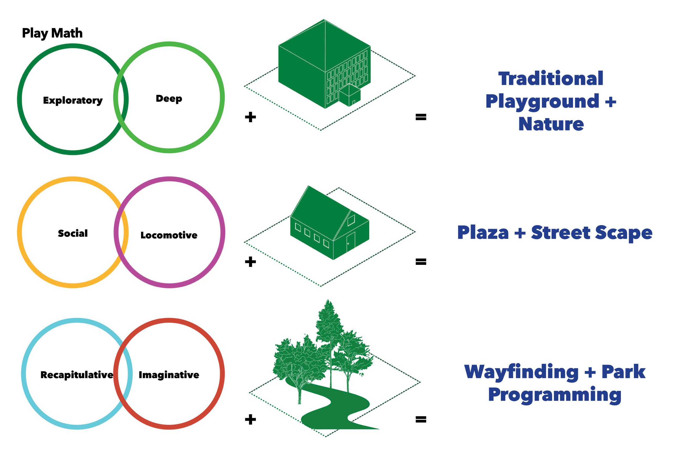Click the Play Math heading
point(52,33)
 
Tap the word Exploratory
point(73,100)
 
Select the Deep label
point(169,99)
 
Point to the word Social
point(73,233)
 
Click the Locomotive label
point(169,235)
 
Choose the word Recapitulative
point(77,375)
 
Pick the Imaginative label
point(169,375)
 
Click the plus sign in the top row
point(250,117)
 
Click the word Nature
point(551,124)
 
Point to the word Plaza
point(483,233)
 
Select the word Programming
point(555,395)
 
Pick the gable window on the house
point(351,221)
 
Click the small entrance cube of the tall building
point(350,96)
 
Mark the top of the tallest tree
point(328,301)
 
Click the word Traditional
point(551,79)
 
